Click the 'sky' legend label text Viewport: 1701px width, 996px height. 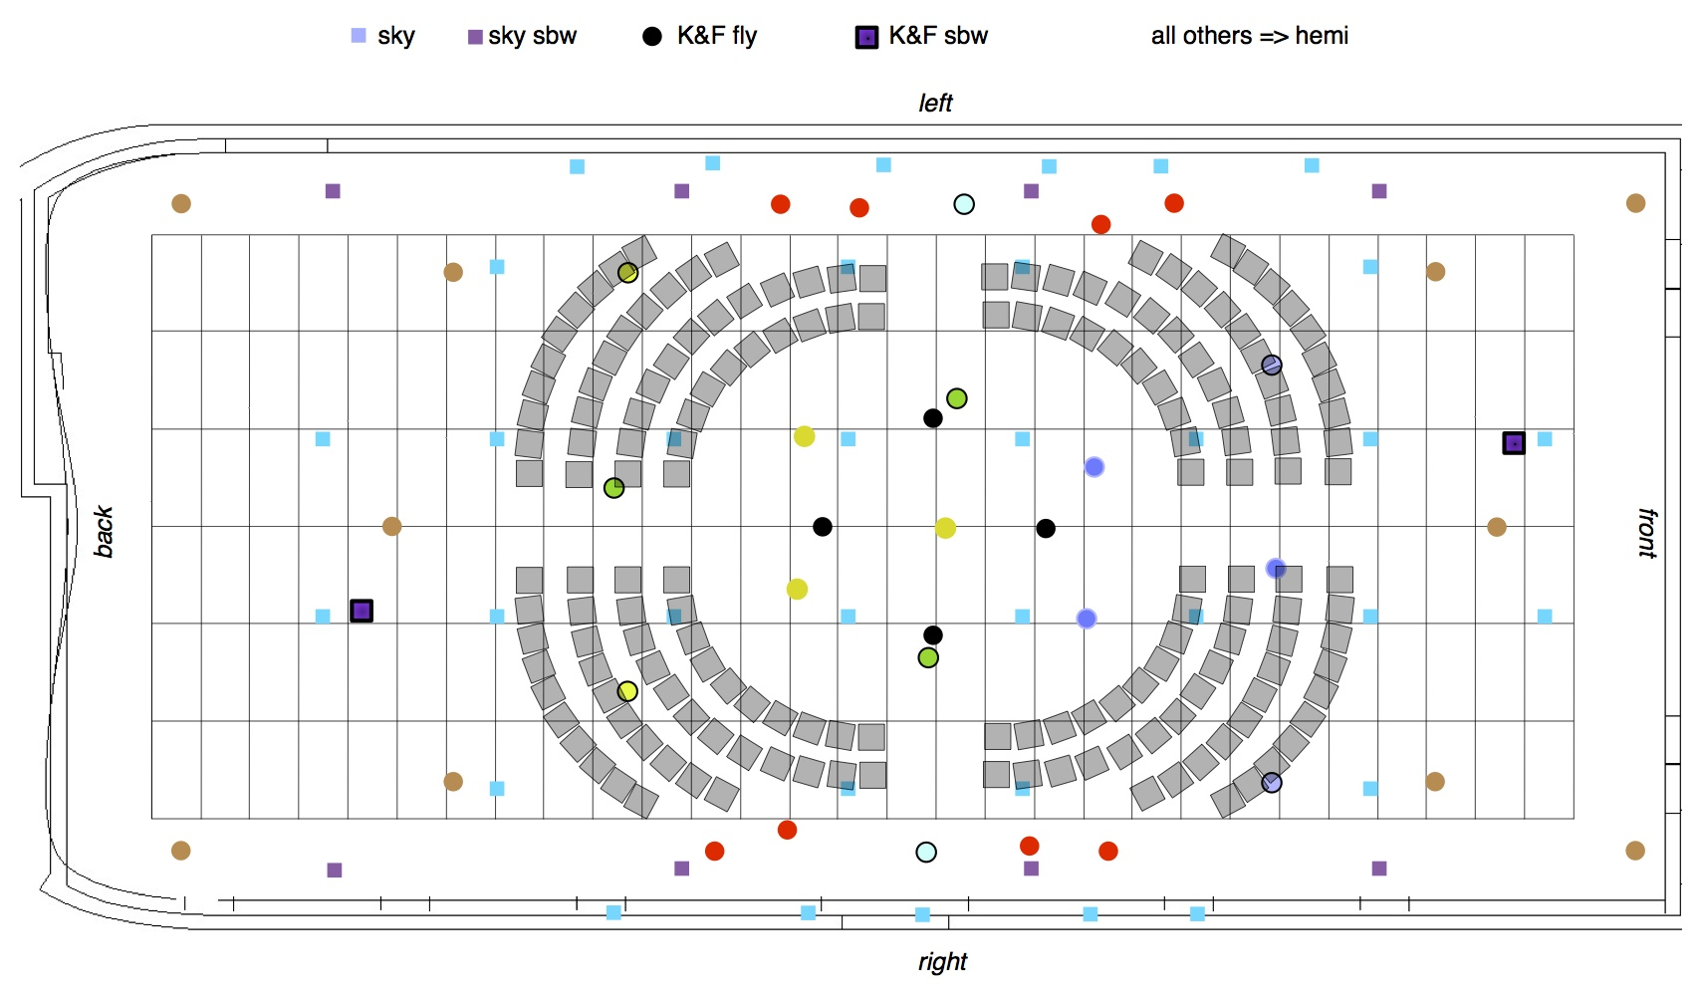pyautogui.click(x=395, y=36)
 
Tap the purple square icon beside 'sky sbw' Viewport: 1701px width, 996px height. pyautogui.click(x=475, y=37)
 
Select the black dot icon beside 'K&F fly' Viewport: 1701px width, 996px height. pyautogui.click(x=652, y=37)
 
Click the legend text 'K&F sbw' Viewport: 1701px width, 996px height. pyautogui.click(x=937, y=36)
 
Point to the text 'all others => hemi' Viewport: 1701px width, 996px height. pyautogui.click(x=1249, y=36)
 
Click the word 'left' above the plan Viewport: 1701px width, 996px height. pyautogui.click(x=935, y=103)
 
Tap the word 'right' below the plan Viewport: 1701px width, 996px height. pyautogui.click(x=942, y=961)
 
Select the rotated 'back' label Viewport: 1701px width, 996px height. pyautogui.click(x=104, y=531)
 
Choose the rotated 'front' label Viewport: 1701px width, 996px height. pyautogui.click(x=1647, y=533)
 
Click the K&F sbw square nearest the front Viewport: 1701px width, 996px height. pyautogui.click(x=1513, y=442)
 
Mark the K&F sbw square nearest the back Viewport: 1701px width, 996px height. pyautogui.click(x=362, y=611)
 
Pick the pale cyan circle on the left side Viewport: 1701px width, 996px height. pyautogui.click(x=964, y=204)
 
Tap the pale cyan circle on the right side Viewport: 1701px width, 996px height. pyautogui.click(x=926, y=852)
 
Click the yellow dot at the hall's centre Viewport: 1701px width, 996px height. pyautogui.click(x=945, y=528)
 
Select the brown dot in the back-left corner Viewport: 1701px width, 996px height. pyautogui.click(x=181, y=203)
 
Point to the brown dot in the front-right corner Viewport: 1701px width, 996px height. pyautogui.click(x=1635, y=851)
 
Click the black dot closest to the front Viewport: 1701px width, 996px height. pyautogui.click(x=1046, y=528)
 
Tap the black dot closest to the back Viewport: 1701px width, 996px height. pyautogui.click(x=823, y=527)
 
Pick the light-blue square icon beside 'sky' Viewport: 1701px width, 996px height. pyautogui.click(x=359, y=36)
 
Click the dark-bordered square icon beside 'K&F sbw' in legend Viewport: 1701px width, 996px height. pyautogui.click(x=866, y=37)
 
